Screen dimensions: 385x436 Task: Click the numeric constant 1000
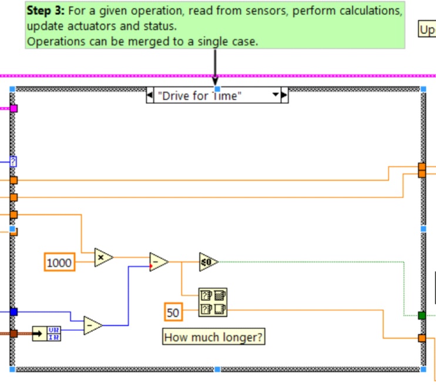click(x=60, y=262)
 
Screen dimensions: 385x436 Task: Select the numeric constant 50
click(x=173, y=312)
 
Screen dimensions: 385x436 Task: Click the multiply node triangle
click(x=103, y=257)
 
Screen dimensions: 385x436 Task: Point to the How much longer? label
click(x=213, y=337)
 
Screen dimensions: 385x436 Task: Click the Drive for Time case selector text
click(x=200, y=96)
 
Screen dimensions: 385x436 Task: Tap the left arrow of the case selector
click(x=150, y=95)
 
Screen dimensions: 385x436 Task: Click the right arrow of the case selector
click(x=284, y=95)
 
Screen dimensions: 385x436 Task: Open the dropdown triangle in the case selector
click(x=274, y=95)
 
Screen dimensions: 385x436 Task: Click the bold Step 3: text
click(x=46, y=11)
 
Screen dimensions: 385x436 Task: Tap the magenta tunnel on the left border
click(x=14, y=108)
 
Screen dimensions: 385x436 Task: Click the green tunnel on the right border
click(x=421, y=316)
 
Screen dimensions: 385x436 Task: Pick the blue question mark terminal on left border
click(x=13, y=161)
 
